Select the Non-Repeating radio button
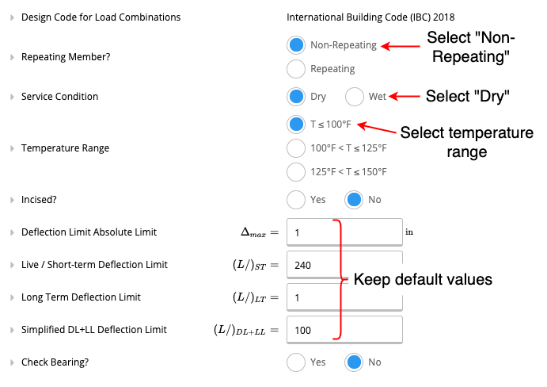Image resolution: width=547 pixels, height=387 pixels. (x=296, y=45)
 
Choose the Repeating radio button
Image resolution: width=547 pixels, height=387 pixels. (x=296, y=69)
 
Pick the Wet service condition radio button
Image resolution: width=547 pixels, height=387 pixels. (x=355, y=97)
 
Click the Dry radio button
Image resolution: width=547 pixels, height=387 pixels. (x=296, y=97)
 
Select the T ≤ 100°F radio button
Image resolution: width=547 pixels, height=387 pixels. (x=296, y=125)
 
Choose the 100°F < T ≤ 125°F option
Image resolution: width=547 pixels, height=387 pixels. (x=296, y=148)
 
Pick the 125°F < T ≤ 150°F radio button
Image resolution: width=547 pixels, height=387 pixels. (x=296, y=172)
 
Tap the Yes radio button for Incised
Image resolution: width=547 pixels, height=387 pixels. (x=296, y=200)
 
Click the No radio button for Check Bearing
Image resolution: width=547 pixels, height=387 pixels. (x=354, y=362)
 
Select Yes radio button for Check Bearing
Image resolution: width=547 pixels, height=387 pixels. (x=296, y=362)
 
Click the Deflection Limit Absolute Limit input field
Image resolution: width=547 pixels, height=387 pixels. (x=344, y=232)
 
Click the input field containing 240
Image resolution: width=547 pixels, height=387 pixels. (x=344, y=265)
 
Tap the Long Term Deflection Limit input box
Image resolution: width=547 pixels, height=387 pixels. (x=344, y=297)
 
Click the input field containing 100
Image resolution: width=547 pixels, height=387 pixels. (x=344, y=330)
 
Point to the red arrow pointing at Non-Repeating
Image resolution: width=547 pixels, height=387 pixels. (x=401, y=46)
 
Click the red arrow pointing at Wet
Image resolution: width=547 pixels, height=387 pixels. (x=405, y=97)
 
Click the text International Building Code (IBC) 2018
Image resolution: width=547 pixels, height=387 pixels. (x=370, y=17)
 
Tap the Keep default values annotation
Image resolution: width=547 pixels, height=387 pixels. (x=423, y=279)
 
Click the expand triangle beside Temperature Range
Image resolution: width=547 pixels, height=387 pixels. (x=12, y=148)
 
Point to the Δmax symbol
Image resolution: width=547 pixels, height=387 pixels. (x=253, y=232)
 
